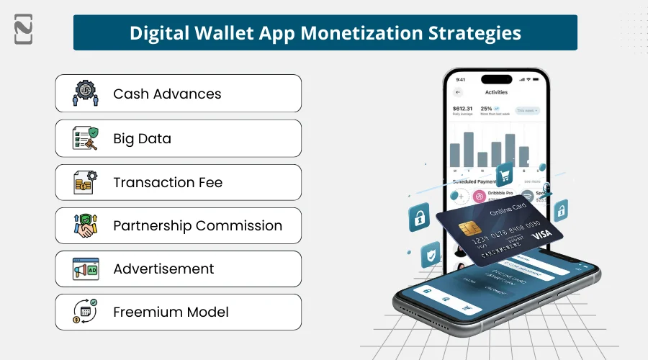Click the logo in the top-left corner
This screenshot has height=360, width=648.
23,28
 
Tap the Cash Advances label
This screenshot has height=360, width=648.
167,94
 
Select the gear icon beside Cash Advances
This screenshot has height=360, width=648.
86,94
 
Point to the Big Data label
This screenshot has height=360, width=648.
142,138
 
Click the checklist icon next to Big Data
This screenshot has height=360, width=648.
86,138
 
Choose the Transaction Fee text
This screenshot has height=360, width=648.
168,182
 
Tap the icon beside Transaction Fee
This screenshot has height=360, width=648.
86,182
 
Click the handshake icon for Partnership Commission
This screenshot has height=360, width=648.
86,225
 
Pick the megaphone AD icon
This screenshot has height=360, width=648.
86,269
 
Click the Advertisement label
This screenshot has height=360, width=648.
163,269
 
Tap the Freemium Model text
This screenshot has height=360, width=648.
171,312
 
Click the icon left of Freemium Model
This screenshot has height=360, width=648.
86,312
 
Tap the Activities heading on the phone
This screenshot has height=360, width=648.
496,92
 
